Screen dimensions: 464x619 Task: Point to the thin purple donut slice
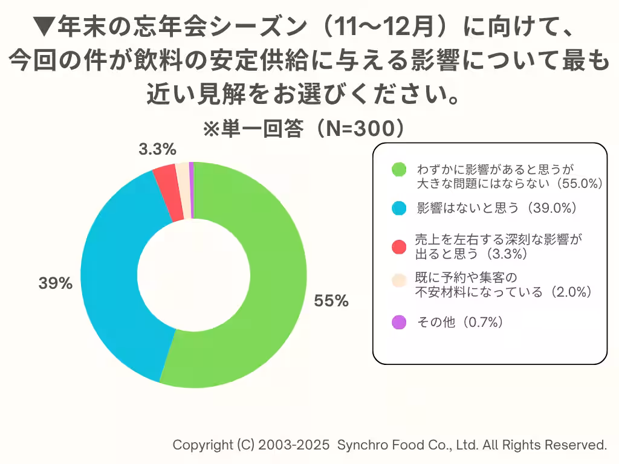coord(191,190)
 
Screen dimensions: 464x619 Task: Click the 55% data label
coord(331,301)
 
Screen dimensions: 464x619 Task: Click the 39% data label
coord(56,283)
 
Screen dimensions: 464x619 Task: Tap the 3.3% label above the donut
coord(157,149)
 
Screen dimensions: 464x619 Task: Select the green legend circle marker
coord(398,170)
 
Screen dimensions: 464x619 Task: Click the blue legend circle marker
coord(398,208)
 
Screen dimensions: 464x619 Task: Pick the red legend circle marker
coord(398,246)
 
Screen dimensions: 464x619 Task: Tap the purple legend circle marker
coord(398,323)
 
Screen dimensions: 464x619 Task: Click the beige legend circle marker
coord(398,280)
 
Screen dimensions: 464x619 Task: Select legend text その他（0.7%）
coord(461,323)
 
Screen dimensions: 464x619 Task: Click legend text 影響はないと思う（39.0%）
coord(497,208)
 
